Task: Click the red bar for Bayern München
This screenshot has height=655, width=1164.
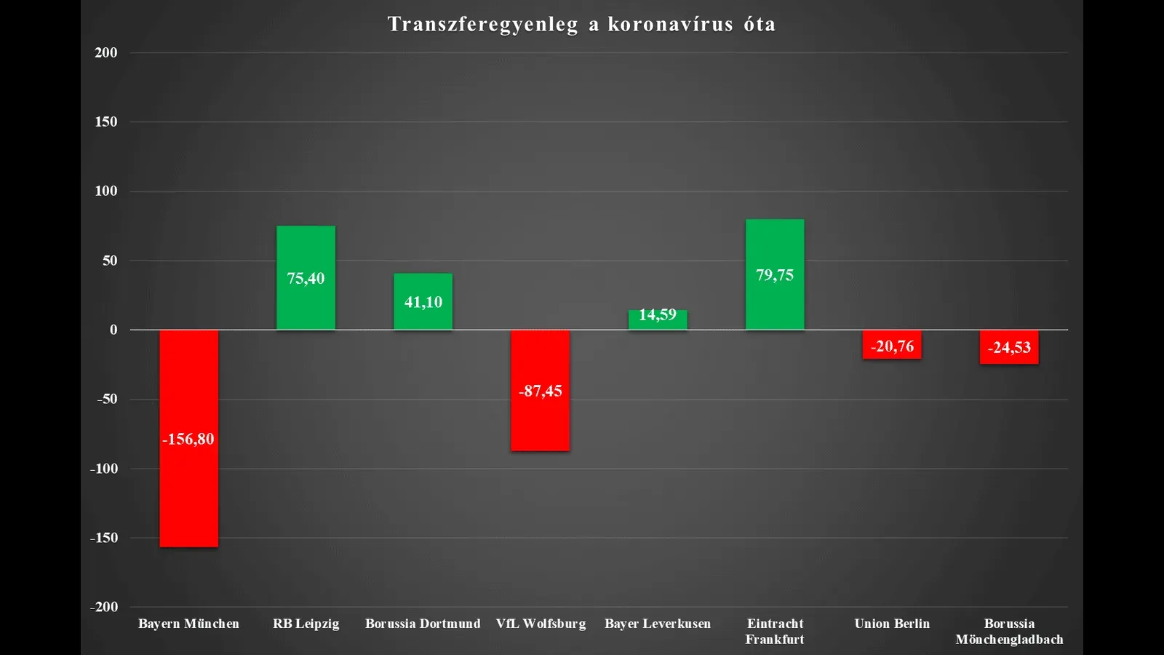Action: click(x=188, y=495)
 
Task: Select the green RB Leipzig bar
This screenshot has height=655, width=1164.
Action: click(x=306, y=306)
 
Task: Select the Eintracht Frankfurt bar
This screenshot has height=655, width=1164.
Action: click(x=775, y=306)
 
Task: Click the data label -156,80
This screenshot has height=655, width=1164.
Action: click(x=188, y=439)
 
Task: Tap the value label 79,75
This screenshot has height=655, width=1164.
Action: click(x=775, y=275)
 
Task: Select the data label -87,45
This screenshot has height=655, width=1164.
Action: click(x=540, y=391)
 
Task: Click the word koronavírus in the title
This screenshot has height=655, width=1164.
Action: click(x=670, y=25)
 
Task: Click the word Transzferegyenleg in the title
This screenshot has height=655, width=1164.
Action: click(x=482, y=25)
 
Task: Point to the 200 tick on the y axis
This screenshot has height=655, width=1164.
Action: click(x=105, y=52)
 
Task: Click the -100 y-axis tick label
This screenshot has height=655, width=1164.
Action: click(x=104, y=469)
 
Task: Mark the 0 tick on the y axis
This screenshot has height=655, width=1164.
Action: click(x=113, y=330)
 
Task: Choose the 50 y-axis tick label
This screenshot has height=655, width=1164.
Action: click(x=109, y=261)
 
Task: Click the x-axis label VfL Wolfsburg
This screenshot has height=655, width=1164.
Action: click(x=541, y=624)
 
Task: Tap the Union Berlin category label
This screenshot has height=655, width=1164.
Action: click(x=892, y=624)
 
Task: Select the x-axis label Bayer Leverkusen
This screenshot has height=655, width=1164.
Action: click(x=658, y=624)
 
